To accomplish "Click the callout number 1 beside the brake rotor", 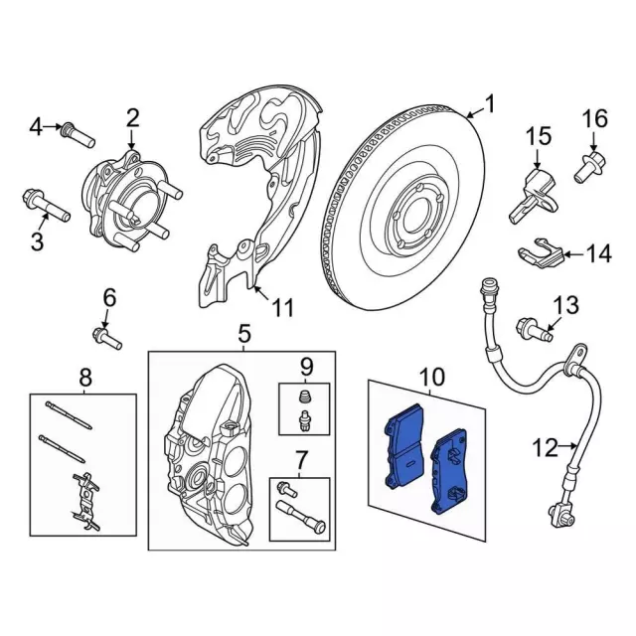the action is [x=490, y=103].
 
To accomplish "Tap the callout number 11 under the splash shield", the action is [x=282, y=308].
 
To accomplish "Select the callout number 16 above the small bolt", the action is [x=595, y=119].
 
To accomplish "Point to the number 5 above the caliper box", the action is [x=244, y=334].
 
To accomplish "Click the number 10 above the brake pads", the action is [x=433, y=377].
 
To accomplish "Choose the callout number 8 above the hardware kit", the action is [x=85, y=378].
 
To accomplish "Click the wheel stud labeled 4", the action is [x=78, y=135].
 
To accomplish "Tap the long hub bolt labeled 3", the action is [x=46, y=206].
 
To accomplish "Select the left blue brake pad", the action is [x=404, y=446].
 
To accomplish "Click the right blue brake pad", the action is [x=449, y=471].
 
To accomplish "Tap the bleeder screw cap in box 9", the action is [x=304, y=397].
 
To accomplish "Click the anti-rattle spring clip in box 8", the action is [x=85, y=501].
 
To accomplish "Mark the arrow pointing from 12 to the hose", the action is [x=567, y=446].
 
